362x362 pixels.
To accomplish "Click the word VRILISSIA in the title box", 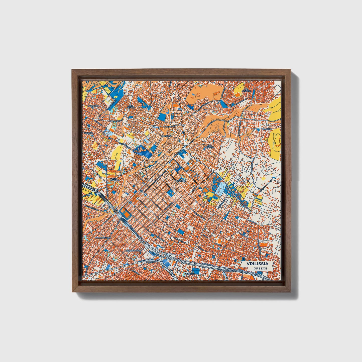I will click(257, 264).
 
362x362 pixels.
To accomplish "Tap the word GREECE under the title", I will click(260, 268).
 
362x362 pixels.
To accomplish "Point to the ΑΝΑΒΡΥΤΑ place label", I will click(93, 106).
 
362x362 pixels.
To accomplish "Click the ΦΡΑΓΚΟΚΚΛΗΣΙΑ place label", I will click(103, 237).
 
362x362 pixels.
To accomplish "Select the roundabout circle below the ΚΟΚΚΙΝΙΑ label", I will click(92, 136).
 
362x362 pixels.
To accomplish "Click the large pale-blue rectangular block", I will click(221, 188).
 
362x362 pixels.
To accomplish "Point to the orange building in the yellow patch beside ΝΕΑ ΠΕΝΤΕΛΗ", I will click(237, 95).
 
